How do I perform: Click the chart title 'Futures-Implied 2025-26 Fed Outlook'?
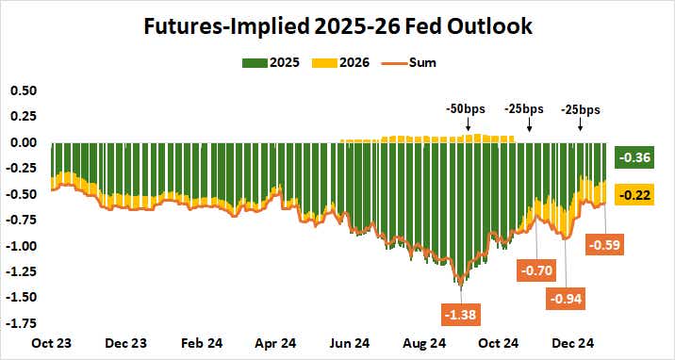337,27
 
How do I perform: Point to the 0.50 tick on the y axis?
23,90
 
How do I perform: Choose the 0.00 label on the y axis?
23,142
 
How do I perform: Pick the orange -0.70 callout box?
537,271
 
